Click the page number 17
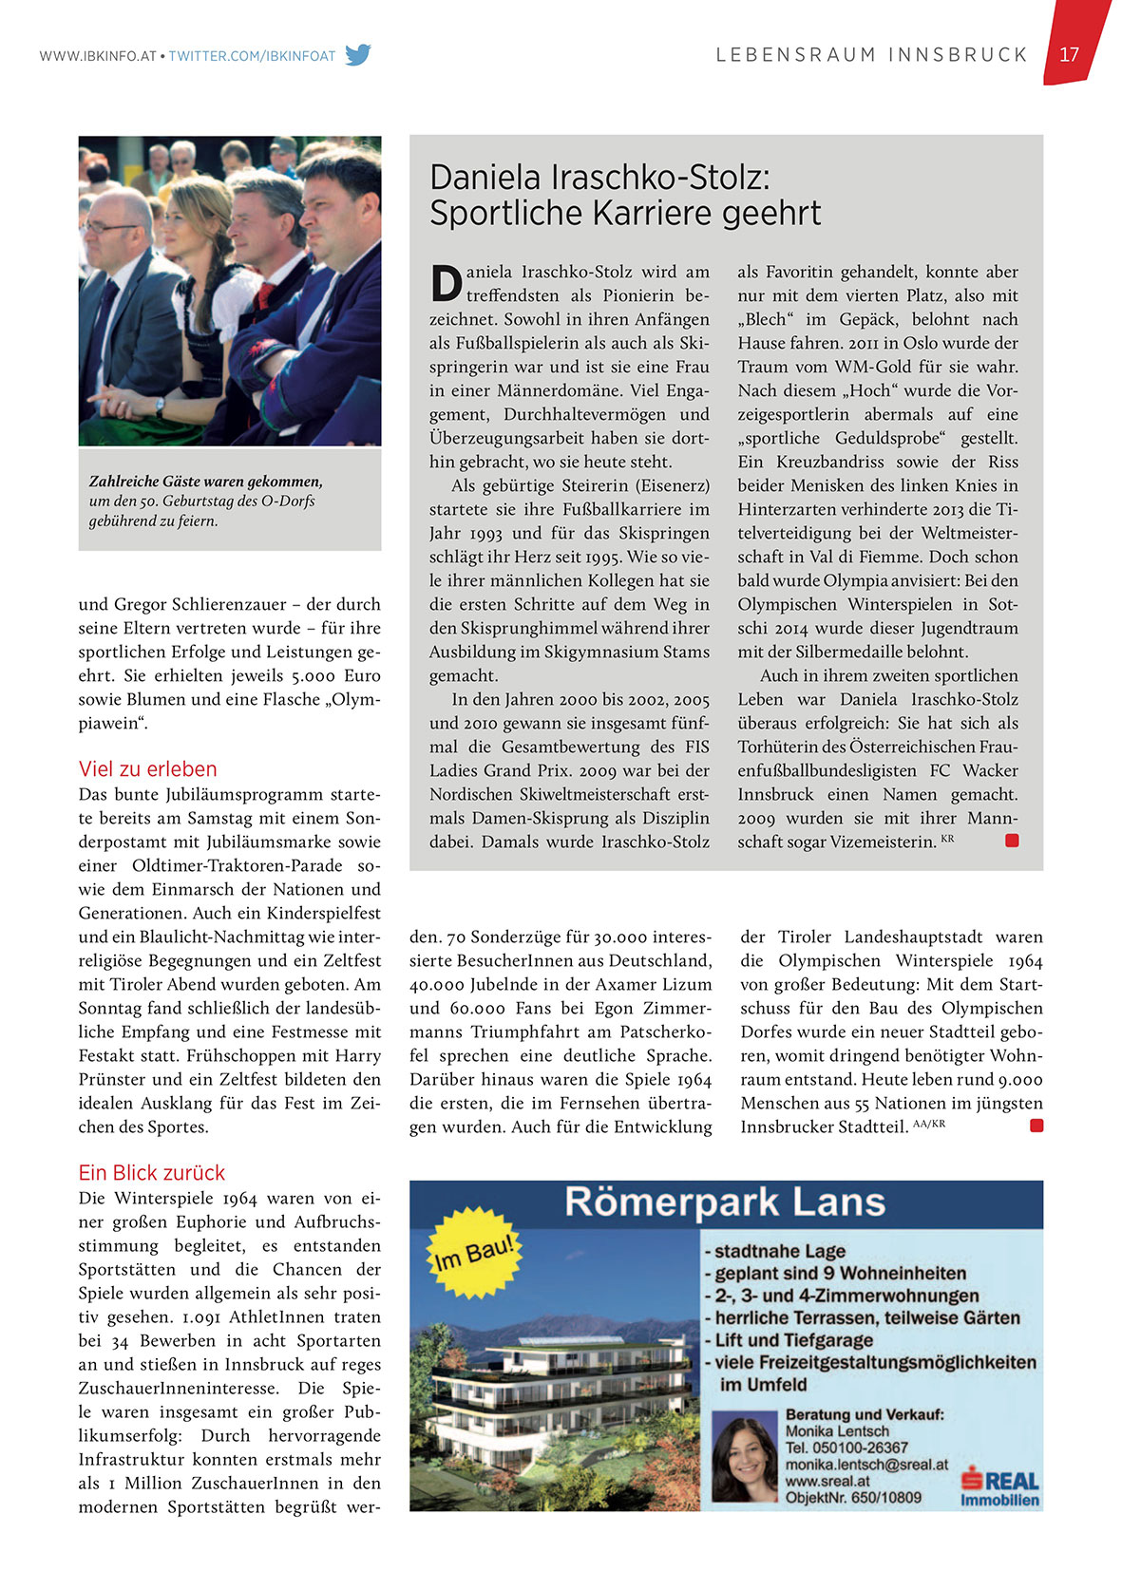click(1069, 55)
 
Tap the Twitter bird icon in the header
click(358, 55)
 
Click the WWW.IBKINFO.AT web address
click(98, 56)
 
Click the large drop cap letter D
click(446, 283)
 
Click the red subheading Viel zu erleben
click(148, 769)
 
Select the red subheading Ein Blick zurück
click(152, 1173)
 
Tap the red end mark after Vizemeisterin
click(1012, 841)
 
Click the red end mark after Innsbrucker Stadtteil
click(1036, 1126)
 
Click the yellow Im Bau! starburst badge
click(474, 1252)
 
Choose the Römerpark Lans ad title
click(725, 1202)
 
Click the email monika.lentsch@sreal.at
click(866, 1465)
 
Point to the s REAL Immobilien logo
click(999, 1487)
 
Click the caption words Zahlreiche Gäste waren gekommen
click(206, 482)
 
